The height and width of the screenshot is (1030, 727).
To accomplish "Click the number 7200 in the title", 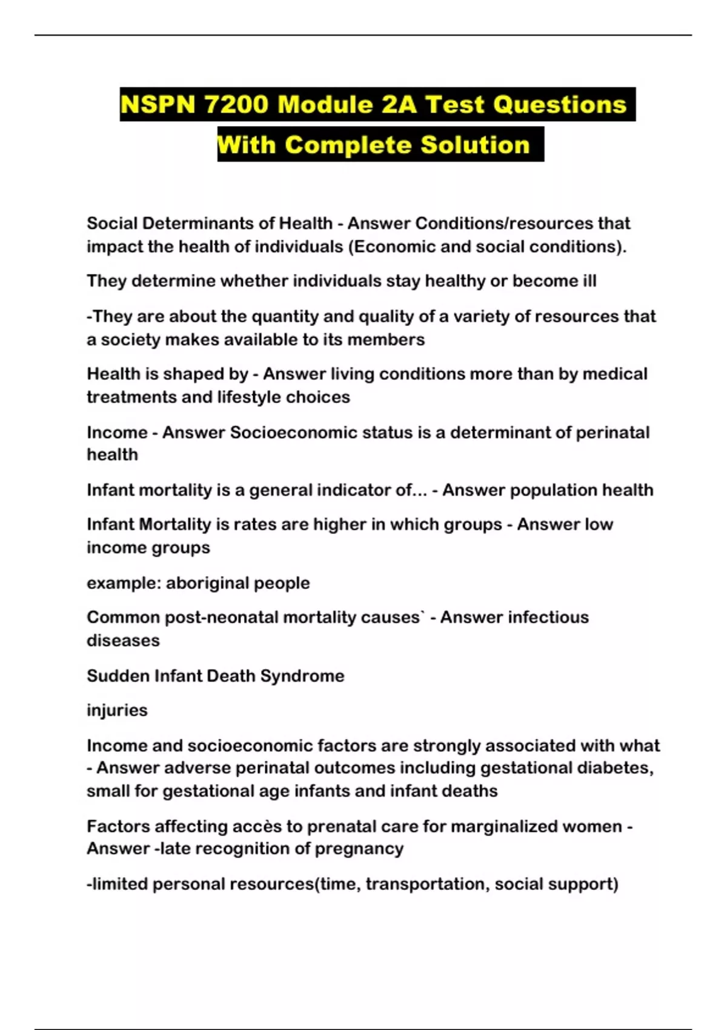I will point(236,104).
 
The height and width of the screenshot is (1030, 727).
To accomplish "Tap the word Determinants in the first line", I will point(198,223).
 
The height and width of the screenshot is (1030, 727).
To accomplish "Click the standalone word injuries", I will point(117,710).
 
